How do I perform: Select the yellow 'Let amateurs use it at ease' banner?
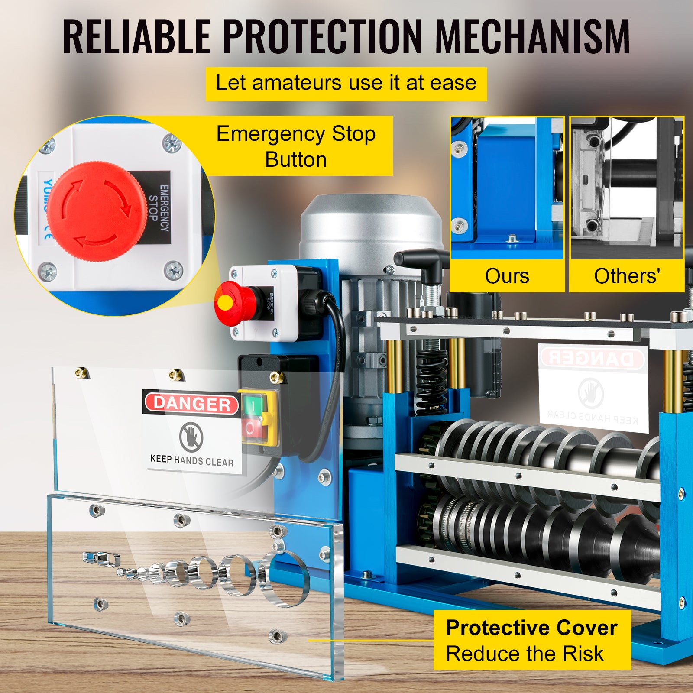[x=346, y=84]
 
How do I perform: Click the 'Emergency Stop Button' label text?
[x=296, y=146]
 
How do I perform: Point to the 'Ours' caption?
[x=507, y=276]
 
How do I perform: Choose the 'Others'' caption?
[x=627, y=276]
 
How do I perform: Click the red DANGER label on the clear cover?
[x=192, y=404]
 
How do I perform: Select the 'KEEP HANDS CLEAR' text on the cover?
[x=192, y=461]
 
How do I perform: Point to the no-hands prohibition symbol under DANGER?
[x=191, y=436]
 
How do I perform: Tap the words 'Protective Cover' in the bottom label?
[x=531, y=628]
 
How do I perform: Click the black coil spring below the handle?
[x=431, y=381]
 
